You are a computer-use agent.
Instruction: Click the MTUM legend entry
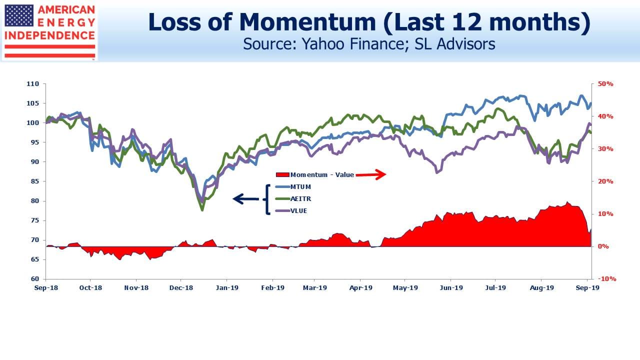point(293,187)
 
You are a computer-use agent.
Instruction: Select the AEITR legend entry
point(293,199)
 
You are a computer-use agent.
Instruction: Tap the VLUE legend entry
point(291,211)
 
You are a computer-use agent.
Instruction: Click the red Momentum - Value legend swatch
point(282,174)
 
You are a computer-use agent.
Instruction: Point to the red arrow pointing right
point(371,174)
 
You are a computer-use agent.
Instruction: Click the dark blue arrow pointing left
point(246,199)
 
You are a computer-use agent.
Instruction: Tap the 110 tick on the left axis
point(32,84)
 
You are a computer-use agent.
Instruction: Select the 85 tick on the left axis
point(34,181)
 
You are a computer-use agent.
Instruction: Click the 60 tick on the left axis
point(34,279)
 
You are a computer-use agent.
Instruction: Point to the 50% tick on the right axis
point(605,84)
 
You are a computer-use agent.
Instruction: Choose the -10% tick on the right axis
point(607,279)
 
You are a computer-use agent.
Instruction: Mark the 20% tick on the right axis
point(605,181)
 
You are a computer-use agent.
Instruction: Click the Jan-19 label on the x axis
point(227,288)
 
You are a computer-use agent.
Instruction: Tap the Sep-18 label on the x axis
point(46,288)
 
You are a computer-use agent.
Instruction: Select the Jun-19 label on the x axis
point(451,288)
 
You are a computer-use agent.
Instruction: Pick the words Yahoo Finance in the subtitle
point(352,44)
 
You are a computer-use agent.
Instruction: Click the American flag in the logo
point(19,16)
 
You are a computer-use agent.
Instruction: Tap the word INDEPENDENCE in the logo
point(50,35)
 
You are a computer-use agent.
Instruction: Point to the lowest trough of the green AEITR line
point(202,210)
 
